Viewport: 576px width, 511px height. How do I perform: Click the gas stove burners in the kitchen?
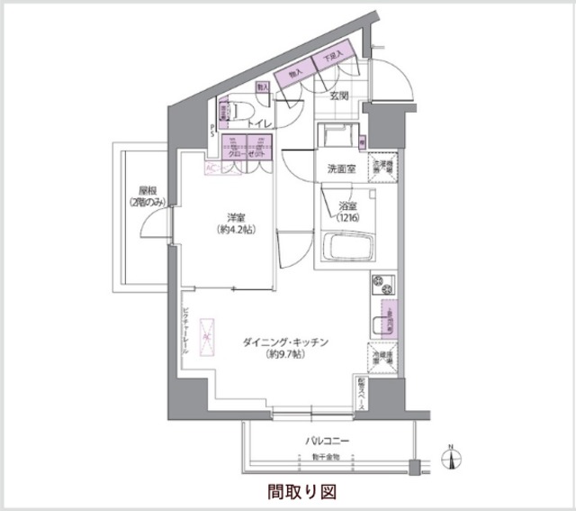376,291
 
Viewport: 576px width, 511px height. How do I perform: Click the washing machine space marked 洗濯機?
384,169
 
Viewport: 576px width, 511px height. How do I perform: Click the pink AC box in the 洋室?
210,169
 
